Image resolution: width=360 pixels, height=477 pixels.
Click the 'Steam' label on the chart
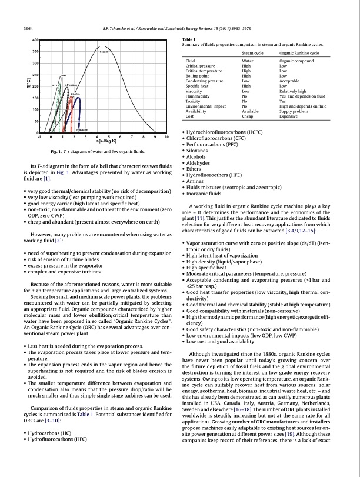point(104,52)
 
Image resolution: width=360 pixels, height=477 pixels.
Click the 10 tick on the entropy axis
point(167,137)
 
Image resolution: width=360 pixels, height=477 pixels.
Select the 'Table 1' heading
point(192,39)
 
